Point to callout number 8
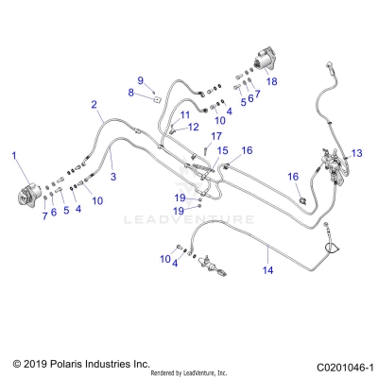(x=131, y=92)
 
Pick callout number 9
(x=140, y=79)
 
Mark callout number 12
(x=192, y=127)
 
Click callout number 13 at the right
(x=356, y=152)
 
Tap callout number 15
(x=223, y=150)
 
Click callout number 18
(x=272, y=82)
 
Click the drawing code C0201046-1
(x=340, y=365)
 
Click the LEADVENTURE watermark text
(x=190, y=219)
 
